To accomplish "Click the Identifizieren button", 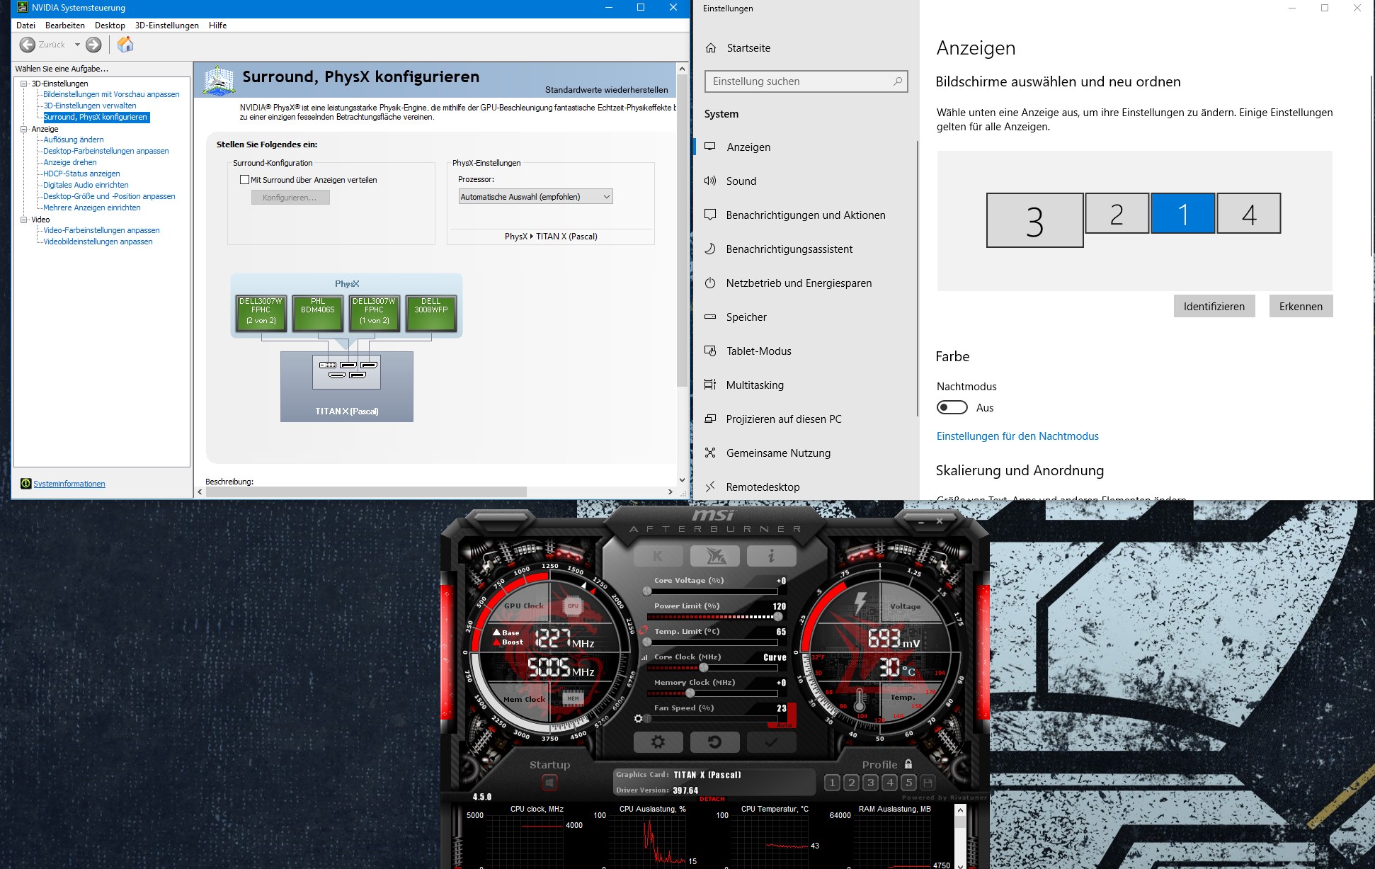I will [1214, 307].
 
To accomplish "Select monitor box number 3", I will [1034, 221].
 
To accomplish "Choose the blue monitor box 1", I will [1182, 214].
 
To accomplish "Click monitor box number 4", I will [1249, 214].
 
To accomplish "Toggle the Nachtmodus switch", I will [952, 408].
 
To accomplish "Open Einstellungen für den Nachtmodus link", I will [1017, 436].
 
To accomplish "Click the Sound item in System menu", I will [741, 181].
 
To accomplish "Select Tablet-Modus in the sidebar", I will [758, 351].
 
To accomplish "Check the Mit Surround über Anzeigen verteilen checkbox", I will [245, 180].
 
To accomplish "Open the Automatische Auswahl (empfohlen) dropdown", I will [535, 197].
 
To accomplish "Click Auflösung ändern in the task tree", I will [74, 140].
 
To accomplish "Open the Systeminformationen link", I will [69, 484].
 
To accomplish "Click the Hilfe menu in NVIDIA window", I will [217, 25].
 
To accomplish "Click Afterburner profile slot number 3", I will [871, 783].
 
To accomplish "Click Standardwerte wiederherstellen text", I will [606, 90].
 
